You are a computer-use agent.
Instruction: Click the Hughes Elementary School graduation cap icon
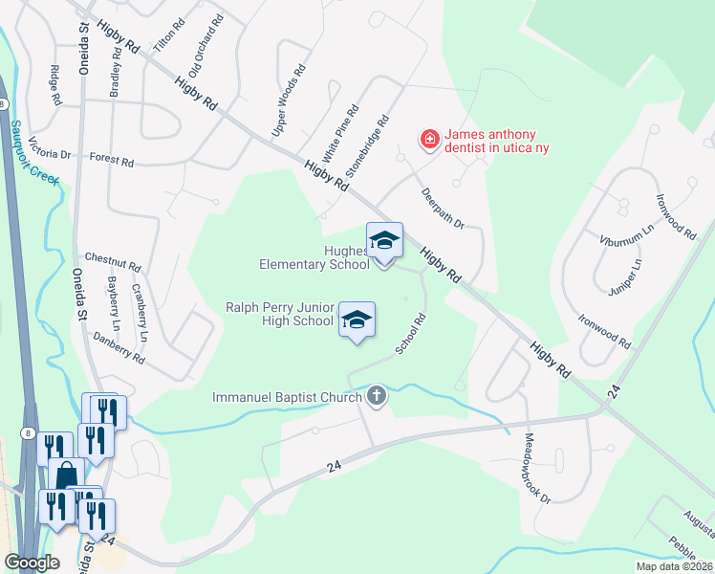coord(384,240)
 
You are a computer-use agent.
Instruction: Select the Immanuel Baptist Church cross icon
coord(377,396)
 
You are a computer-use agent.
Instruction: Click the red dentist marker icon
coord(430,141)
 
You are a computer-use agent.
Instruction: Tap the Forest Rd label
coord(112,159)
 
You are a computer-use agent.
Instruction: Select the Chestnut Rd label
coord(113,259)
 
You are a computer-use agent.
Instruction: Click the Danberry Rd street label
coord(119,347)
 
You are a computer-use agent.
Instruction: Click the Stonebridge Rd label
coord(368,147)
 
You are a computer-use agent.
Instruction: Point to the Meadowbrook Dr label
coord(538,468)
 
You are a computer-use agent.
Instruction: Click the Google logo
coord(32,562)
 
